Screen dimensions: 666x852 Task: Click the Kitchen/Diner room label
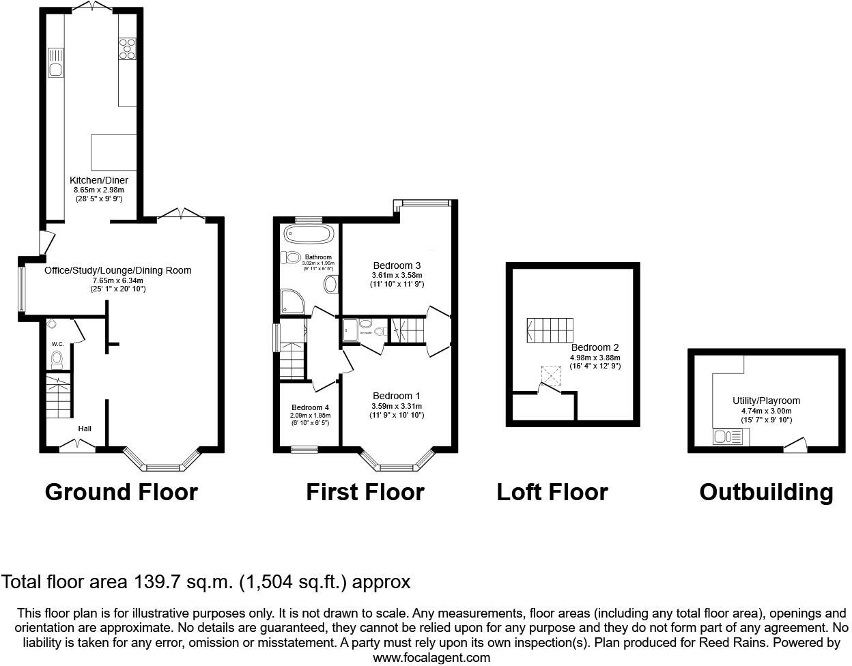click(100, 180)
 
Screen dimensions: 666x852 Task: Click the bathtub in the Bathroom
click(309, 234)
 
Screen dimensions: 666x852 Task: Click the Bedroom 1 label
click(396, 396)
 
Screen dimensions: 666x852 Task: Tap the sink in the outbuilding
click(722, 437)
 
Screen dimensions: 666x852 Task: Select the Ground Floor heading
click(121, 492)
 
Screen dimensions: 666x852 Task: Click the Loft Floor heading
click(552, 492)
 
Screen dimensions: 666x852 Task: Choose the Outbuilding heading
click(766, 492)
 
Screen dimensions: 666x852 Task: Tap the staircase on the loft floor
click(550, 331)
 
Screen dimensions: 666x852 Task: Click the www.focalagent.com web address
click(431, 658)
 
